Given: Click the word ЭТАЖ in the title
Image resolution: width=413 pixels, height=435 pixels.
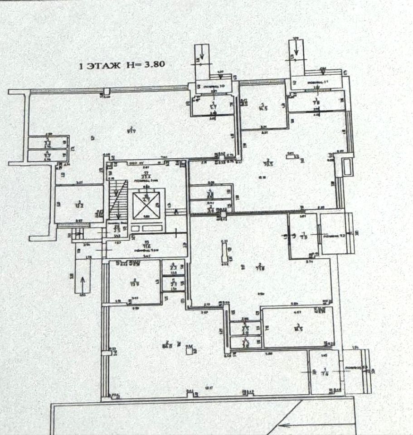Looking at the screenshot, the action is tap(104, 66).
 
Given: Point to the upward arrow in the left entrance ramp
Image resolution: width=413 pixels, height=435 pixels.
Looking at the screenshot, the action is tap(83, 283).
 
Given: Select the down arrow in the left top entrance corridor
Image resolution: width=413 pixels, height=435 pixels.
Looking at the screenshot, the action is tap(201, 56).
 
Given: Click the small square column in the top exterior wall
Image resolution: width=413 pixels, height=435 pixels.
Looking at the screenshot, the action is tap(106, 92).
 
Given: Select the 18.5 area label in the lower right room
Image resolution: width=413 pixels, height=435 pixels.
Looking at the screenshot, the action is tap(298, 327).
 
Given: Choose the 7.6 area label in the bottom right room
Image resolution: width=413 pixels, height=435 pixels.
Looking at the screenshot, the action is tap(326, 372).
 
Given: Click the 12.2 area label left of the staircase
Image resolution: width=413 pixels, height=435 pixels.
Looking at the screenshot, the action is tap(79, 204).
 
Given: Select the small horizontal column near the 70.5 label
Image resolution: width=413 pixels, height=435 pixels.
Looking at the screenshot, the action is tap(289, 156).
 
